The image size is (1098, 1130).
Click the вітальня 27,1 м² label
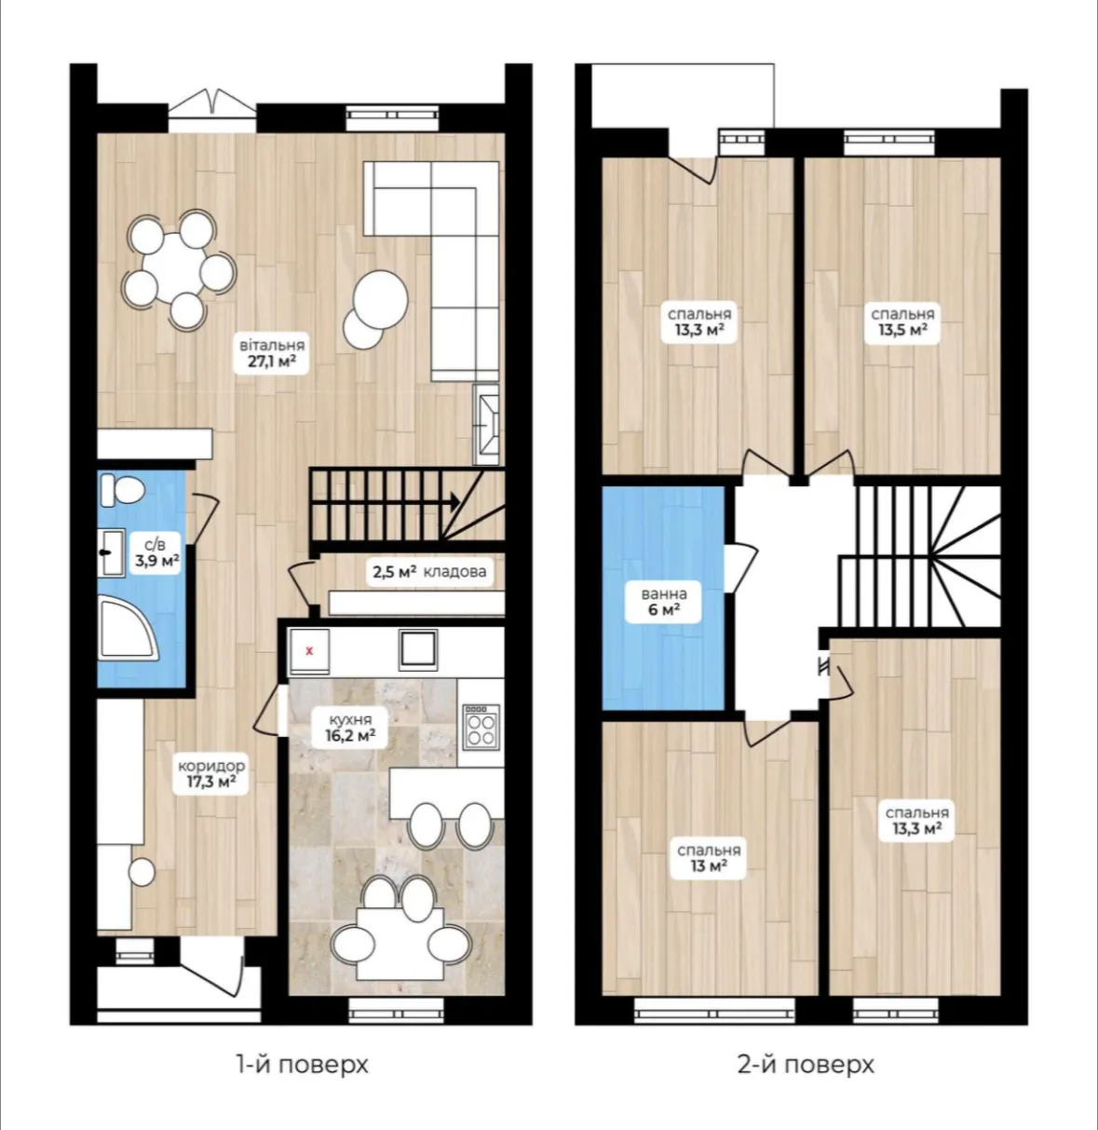272,353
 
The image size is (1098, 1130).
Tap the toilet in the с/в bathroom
122,489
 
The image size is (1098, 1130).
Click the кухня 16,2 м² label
350,727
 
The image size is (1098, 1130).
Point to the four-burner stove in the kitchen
481,727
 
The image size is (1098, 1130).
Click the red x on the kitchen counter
309,651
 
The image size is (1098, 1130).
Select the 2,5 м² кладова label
429,571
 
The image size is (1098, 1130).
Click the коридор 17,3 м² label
210,773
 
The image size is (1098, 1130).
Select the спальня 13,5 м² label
901,322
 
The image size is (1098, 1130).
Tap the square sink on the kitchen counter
417,649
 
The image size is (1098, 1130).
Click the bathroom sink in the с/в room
111,552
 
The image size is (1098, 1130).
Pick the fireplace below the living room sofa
486,424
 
